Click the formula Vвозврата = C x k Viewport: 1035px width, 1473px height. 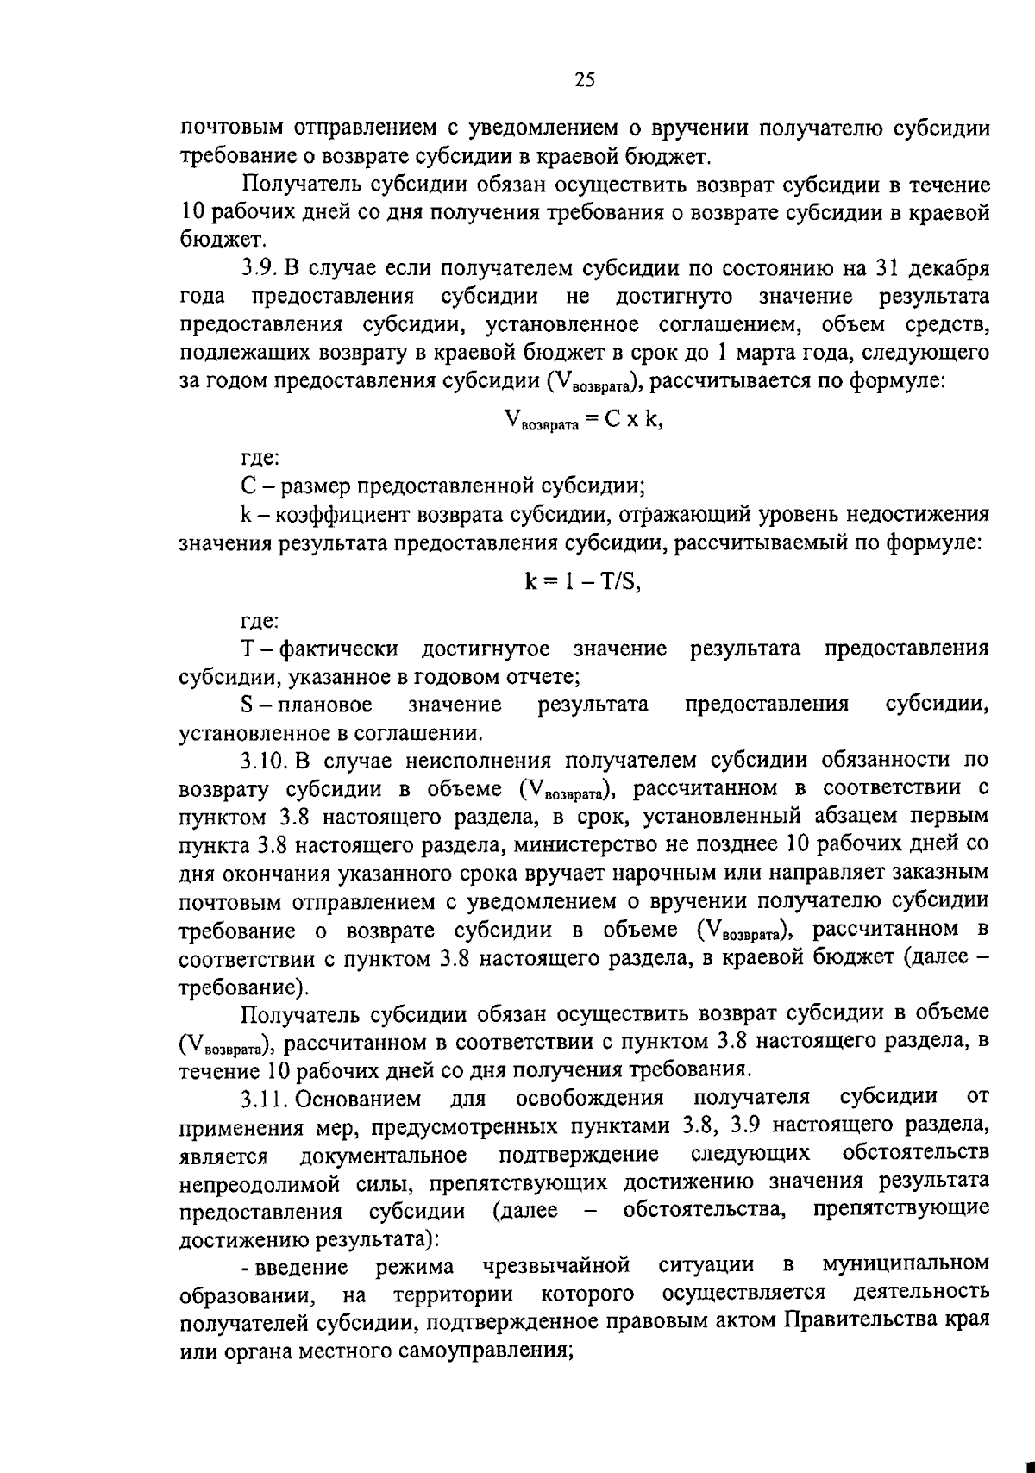click(x=584, y=421)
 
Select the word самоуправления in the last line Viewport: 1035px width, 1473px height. click(x=483, y=1351)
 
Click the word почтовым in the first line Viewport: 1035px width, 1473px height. click(x=229, y=129)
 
